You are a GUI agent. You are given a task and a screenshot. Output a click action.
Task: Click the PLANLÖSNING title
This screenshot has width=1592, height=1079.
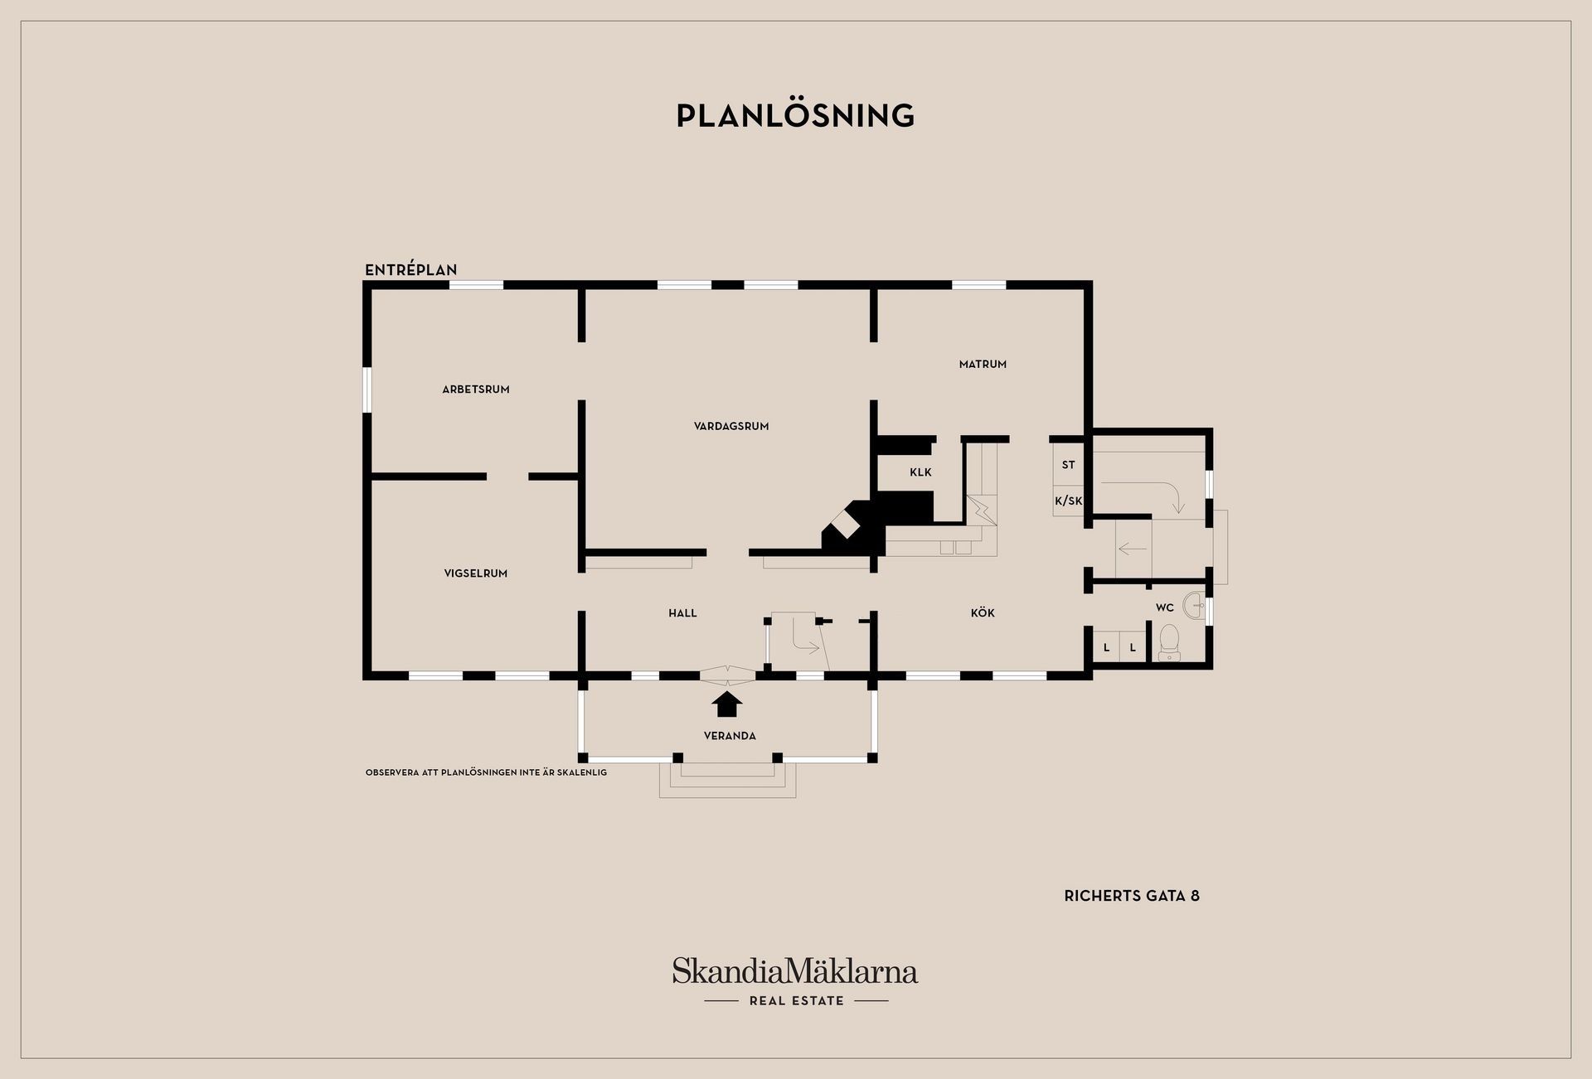(x=795, y=115)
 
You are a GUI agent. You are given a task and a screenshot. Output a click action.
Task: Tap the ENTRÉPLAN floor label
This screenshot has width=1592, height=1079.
(x=411, y=269)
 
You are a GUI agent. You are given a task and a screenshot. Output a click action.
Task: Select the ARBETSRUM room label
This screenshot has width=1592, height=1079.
(x=476, y=390)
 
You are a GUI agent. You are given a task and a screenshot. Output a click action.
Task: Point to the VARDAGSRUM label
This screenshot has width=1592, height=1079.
(x=731, y=427)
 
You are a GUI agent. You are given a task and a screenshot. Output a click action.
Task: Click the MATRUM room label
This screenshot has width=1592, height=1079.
(x=983, y=364)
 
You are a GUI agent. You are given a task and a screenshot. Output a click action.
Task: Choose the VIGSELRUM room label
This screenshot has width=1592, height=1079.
(x=476, y=573)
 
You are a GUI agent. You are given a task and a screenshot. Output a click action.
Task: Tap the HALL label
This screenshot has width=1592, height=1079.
(x=682, y=613)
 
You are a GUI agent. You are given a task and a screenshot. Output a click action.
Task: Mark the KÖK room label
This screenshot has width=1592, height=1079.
(x=983, y=613)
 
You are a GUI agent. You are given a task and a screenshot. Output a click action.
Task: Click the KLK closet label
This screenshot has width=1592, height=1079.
(x=920, y=472)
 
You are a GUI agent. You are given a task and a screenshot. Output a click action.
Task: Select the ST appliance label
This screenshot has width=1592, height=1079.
(x=1068, y=465)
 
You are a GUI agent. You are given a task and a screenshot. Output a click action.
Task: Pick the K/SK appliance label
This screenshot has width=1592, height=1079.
(x=1069, y=501)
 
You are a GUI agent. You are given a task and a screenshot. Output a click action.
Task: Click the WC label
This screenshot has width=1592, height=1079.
(x=1165, y=607)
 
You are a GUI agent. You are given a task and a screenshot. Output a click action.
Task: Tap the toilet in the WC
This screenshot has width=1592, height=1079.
(x=1169, y=643)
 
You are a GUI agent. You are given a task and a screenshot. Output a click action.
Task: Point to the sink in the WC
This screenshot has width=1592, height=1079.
(x=1194, y=605)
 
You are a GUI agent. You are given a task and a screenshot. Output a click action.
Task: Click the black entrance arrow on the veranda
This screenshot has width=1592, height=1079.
(x=727, y=704)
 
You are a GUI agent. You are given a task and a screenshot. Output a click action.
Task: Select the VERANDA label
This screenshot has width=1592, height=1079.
(x=730, y=736)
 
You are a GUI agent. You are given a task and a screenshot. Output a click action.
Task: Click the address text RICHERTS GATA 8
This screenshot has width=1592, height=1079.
(x=1132, y=896)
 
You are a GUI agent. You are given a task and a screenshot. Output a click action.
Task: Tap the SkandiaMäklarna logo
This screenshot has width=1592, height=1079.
(x=795, y=970)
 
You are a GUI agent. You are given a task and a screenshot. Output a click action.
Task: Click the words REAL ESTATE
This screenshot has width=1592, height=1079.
(x=796, y=1001)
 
